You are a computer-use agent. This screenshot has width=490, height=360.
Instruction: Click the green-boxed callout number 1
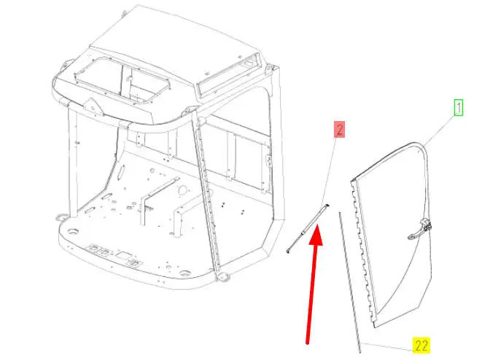point(459,108)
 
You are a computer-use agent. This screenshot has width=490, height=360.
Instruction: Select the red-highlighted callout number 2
point(339,129)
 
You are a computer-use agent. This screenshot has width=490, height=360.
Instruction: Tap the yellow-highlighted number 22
point(421,345)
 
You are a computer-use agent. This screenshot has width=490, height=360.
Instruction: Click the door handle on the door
point(419,229)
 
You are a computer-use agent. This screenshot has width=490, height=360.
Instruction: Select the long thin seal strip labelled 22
point(350,282)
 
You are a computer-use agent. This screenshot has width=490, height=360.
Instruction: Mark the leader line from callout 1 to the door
point(440,130)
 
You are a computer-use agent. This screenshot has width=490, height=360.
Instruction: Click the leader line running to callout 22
point(387,347)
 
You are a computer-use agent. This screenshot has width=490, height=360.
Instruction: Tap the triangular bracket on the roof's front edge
point(93,106)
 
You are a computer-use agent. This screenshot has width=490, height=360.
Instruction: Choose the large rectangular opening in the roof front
point(122,81)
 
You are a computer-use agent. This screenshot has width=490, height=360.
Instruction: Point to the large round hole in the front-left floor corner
point(73,232)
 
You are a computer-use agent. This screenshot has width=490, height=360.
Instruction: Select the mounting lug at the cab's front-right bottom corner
point(224,276)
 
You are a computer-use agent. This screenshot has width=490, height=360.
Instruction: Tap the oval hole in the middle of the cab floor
point(183,189)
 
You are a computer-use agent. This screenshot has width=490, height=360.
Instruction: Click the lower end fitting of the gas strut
point(288,251)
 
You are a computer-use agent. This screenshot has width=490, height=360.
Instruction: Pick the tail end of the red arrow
point(308,343)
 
